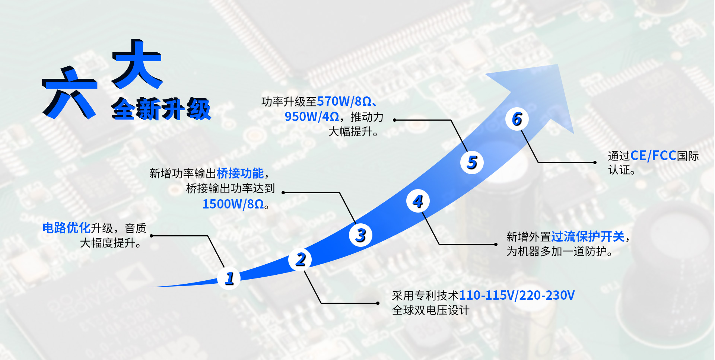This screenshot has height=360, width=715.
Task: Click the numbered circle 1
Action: [229, 278]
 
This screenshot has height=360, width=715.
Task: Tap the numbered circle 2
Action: [300, 259]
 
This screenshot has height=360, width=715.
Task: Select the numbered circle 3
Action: [360, 235]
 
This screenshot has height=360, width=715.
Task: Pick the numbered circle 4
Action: [418, 201]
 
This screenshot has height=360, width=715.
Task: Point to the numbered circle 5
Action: [472, 162]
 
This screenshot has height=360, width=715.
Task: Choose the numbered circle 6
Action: [517, 119]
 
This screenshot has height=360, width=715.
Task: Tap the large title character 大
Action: [137, 64]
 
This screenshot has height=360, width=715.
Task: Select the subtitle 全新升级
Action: [161, 109]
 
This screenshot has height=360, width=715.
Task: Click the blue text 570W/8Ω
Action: [344, 101]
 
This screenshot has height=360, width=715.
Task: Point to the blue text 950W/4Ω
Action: [312, 117]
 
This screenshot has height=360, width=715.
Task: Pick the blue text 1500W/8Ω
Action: [233, 204]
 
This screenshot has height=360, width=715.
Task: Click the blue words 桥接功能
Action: [240, 173]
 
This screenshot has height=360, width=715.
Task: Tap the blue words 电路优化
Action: [66, 228]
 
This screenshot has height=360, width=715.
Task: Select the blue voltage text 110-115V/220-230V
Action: [517, 295]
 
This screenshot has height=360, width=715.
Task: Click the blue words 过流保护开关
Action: [588, 236]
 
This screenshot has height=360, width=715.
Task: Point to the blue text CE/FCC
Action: [653, 156]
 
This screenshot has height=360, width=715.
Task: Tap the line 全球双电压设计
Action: [430, 310]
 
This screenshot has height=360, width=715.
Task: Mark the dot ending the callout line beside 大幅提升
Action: [395, 120]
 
